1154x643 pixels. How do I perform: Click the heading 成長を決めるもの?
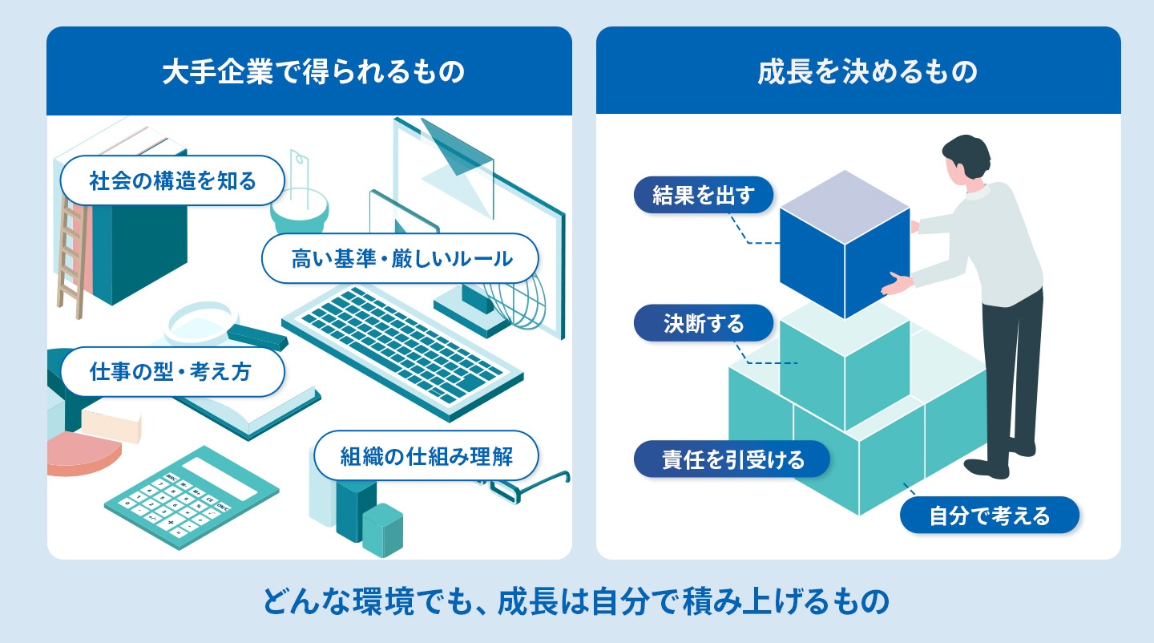858,73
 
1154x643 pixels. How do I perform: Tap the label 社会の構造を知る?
173,181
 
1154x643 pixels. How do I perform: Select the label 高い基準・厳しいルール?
400,258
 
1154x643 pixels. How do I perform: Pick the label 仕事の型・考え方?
172,372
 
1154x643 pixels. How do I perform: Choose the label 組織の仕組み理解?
426,456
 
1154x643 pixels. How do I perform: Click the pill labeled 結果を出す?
704,196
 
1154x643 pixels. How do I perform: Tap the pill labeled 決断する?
704,324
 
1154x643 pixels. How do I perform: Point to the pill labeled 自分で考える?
989,516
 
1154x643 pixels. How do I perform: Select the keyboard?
401,345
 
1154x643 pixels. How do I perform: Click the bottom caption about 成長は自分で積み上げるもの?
576,603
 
